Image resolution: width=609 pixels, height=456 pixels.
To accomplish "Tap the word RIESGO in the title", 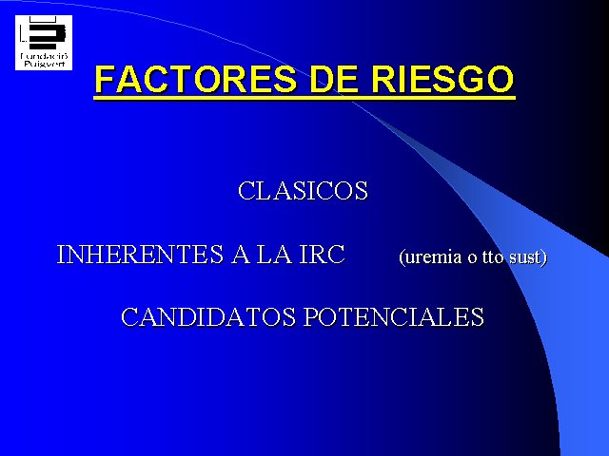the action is pyautogui.click(x=442, y=79).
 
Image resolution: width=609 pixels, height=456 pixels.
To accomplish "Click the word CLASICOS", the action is pyautogui.click(x=303, y=191).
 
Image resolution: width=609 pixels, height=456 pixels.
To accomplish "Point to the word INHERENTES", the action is pyautogui.click(x=140, y=255).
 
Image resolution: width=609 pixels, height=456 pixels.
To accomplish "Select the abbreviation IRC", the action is pyautogui.click(x=322, y=255).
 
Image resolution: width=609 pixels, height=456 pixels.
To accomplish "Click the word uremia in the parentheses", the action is pyautogui.click(x=431, y=257).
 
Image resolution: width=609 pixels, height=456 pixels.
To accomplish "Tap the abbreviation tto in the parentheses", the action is pyautogui.click(x=493, y=256).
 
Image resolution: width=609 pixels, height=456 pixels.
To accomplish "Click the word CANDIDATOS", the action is pyautogui.click(x=208, y=316).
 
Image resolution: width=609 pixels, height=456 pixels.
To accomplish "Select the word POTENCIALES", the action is pyautogui.click(x=394, y=316).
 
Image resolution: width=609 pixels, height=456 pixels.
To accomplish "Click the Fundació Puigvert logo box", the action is pyautogui.click(x=44, y=43).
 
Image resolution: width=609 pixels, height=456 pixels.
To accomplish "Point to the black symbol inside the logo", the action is pyautogui.click(x=44, y=33).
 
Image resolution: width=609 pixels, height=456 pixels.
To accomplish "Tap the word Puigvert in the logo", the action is pyautogui.click(x=44, y=64).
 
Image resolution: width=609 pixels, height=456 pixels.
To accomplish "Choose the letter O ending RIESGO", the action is pyautogui.click(x=500, y=79).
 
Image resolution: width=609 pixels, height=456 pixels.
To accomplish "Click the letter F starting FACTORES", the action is pyautogui.click(x=106, y=79).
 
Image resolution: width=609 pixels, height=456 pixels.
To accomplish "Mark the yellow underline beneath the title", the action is pyautogui.click(x=304, y=97).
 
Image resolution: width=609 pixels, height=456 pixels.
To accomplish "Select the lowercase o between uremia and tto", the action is pyautogui.click(x=472, y=258).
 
